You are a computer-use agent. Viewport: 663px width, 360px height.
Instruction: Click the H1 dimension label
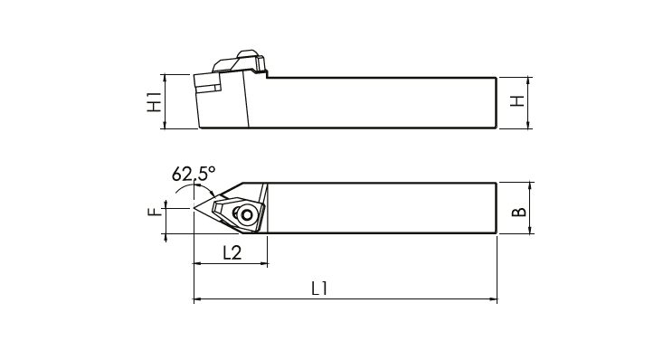tap(155, 102)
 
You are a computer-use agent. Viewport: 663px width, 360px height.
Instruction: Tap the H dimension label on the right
tap(517, 100)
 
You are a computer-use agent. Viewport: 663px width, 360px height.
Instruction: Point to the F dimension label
tap(155, 211)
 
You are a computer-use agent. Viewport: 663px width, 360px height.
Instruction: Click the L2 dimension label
tap(232, 253)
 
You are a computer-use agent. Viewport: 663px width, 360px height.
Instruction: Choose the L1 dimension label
tap(319, 289)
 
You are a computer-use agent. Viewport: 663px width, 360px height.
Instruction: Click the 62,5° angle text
tap(194, 173)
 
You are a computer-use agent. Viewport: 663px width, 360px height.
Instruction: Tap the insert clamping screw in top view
tap(246, 215)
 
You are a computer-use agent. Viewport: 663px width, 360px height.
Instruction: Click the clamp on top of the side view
tap(240, 62)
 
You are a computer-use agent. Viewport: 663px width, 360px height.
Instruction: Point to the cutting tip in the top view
tap(194, 207)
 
